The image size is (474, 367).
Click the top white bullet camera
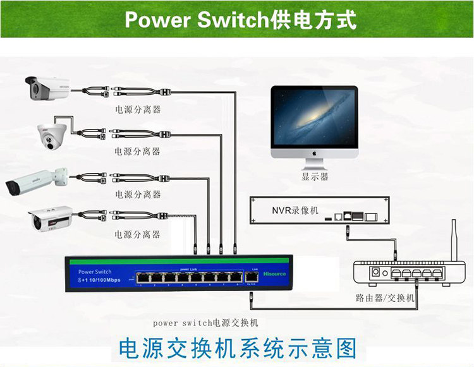click(x=47, y=88)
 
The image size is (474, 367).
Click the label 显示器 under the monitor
click(x=315, y=177)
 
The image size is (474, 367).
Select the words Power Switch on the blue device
click(x=95, y=272)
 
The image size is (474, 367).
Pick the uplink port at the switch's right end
click(x=253, y=278)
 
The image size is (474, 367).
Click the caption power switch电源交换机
click(x=205, y=322)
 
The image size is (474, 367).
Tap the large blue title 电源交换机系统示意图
click(x=238, y=348)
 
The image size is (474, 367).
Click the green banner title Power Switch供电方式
click(x=241, y=20)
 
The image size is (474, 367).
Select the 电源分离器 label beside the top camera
click(x=137, y=109)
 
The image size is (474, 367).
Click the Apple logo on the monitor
click(x=314, y=153)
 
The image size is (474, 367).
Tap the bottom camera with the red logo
click(x=51, y=219)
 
